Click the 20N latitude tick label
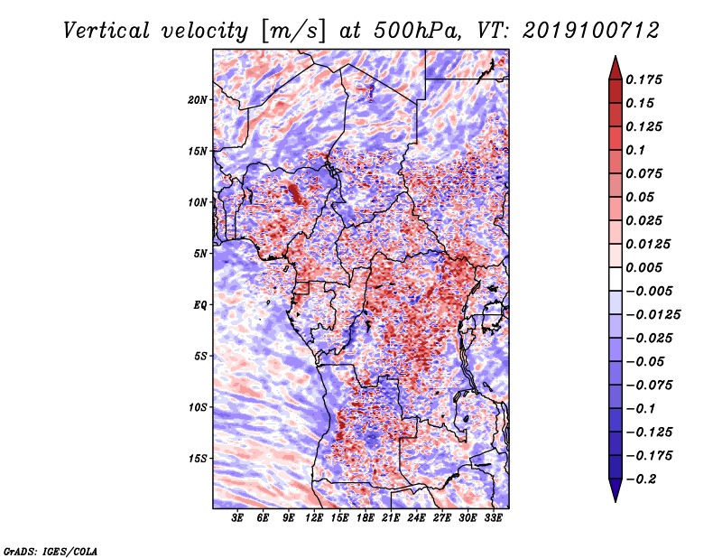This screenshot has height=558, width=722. click(x=197, y=99)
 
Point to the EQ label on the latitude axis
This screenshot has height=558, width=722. click(x=199, y=304)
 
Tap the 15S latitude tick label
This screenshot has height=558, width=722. click(x=197, y=459)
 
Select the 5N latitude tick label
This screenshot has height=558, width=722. click(x=199, y=254)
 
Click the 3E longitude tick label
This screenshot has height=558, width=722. click(x=237, y=517)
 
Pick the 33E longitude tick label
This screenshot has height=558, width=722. click(x=493, y=517)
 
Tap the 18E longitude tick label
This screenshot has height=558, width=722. click(x=366, y=517)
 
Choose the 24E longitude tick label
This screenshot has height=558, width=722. click(x=416, y=517)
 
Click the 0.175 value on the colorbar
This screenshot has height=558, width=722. click(x=643, y=79)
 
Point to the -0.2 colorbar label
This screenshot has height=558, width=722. click(x=641, y=479)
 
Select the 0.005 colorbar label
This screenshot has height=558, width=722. click(x=643, y=267)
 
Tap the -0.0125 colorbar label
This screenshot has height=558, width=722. click(x=653, y=315)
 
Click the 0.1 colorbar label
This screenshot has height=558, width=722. click(x=635, y=150)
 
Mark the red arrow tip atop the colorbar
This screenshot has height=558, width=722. click(x=616, y=56)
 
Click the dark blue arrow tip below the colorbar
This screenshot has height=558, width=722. click(x=616, y=501)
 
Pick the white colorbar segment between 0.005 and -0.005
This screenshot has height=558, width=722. click(x=616, y=279)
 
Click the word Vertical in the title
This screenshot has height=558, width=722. click(x=106, y=31)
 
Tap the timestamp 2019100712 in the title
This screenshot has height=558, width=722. click(x=591, y=31)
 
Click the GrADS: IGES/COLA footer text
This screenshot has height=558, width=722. click(x=51, y=552)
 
